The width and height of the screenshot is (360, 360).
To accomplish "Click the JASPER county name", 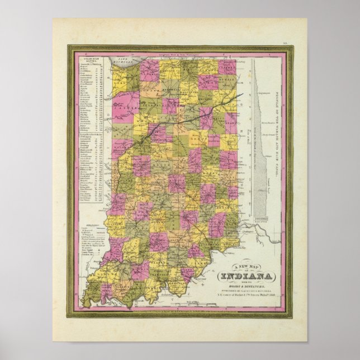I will pyautogui.click(x=125, y=105).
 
